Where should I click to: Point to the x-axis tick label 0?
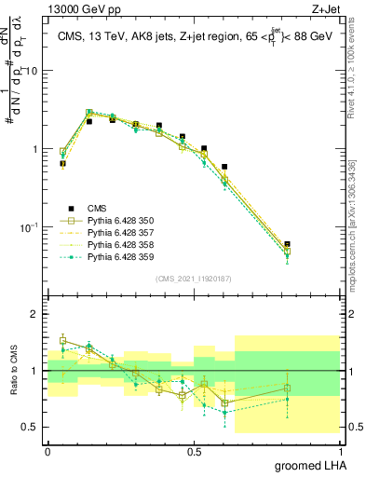pyautogui.click(x=47, y=450)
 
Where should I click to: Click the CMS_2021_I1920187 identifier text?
pyautogui.click(x=193, y=279)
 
